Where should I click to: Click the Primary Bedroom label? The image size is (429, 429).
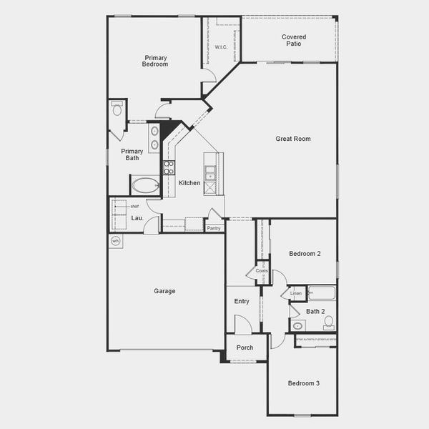pyautogui.click(x=156, y=61)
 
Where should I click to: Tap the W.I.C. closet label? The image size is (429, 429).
pyautogui.click(x=221, y=46)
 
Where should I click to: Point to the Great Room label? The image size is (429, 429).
pyautogui.click(x=293, y=139)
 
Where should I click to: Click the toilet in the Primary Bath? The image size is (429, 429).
pyautogui.click(x=117, y=109)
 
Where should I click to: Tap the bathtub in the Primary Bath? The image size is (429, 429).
pyautogui.click(x=145, y=186)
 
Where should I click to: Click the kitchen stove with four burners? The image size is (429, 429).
pyautogui.click(x=169, y=168)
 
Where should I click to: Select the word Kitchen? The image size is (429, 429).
pyautogui.click(x=189, y=183)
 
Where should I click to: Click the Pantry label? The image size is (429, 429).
pyautogui.click(x=213, y=228)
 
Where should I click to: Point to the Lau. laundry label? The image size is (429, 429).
pyautogui.click(x=137, y=218)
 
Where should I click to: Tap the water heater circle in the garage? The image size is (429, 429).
pyautogui.click(x=116, y=242)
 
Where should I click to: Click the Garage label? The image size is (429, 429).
pyautogui.click(x=164, y=291)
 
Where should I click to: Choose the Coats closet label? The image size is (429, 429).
pyautogui.click(x=262, y=271)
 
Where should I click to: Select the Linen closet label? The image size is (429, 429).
pyautogui.click(x=296, y=294)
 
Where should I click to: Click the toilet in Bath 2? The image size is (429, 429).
pyautogui.click(x=328, y=322)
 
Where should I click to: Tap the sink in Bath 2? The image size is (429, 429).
pyautogui.click(x=299, y=325)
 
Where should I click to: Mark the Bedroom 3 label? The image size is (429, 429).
pyautogui.click(x=304, y=383)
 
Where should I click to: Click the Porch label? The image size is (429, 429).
pyautogui.click(x=245, y=347)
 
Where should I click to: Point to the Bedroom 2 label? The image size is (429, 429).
pyautogui.click(x=305, y=254)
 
